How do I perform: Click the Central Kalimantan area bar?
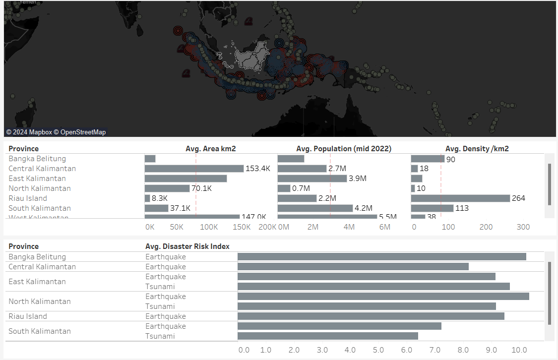point(194,169)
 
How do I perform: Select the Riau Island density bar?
point(460,198)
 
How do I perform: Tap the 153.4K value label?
point(258,169)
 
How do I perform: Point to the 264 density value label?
point(518,198)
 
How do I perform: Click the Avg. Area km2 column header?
point(210,149)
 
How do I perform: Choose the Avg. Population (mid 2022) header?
point(343,149)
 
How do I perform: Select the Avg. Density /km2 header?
point(477,149)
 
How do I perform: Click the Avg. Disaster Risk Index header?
point(187,246)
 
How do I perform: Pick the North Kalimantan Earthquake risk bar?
point(383,297)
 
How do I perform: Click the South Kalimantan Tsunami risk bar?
point(327,336)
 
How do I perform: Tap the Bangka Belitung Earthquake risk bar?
point(381,257)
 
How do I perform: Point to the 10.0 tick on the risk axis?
point(519,350)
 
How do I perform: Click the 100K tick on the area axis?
point(208,227)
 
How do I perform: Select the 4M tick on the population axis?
point(349,227)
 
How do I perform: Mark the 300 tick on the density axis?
point(523,227)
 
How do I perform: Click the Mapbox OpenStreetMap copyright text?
point(56,132)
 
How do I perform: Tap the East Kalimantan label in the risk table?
point(37,282)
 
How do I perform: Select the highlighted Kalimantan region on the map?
point(251,58)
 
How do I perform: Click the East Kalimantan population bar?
point(312,179)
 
